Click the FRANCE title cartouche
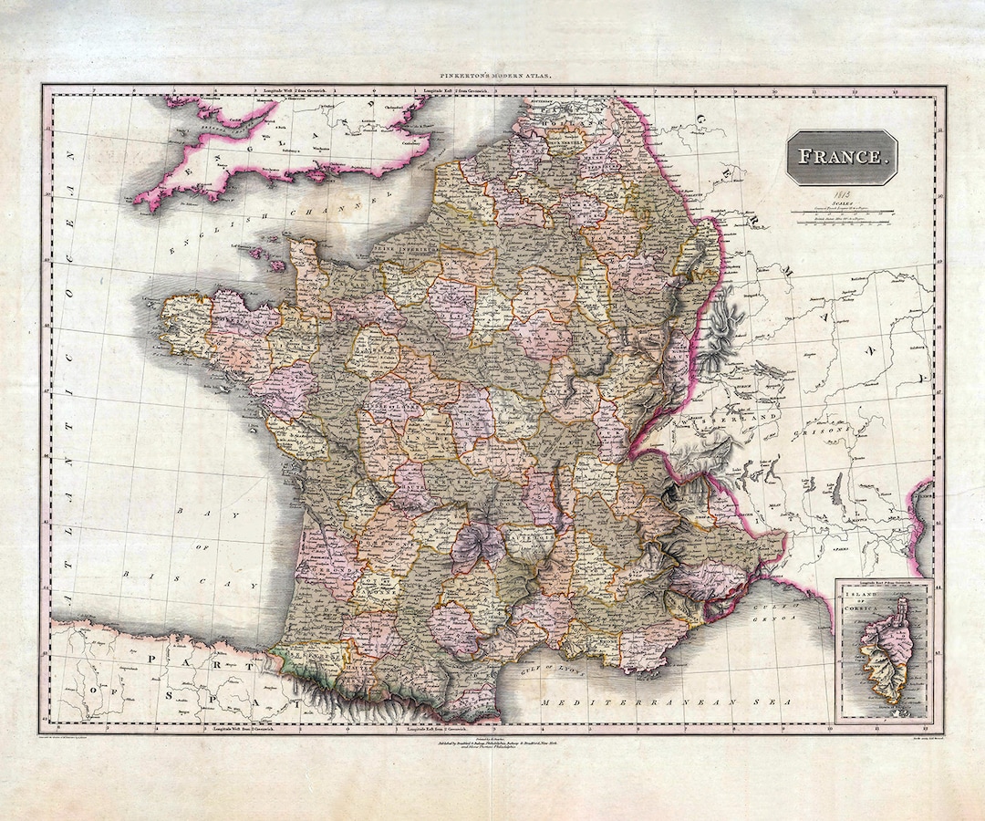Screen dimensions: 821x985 pos(841,156)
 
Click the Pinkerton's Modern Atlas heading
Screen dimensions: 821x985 pos(493,79)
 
